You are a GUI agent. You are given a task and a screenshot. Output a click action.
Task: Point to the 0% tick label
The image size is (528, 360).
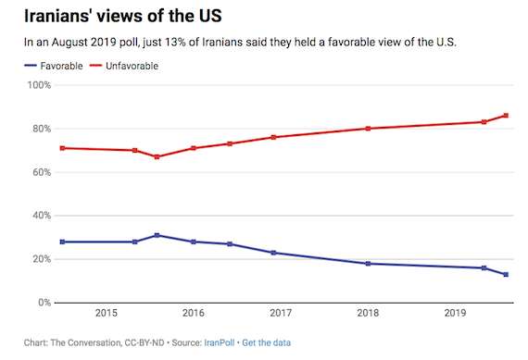[42, 303]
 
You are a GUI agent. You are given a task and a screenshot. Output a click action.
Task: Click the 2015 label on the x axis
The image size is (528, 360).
[106, 314]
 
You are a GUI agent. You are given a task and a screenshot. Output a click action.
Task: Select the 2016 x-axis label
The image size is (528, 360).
[194, 314]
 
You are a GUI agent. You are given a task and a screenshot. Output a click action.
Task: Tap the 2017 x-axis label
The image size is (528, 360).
[281, 314]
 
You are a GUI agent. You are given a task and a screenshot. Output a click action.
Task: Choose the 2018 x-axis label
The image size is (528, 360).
[369, 314]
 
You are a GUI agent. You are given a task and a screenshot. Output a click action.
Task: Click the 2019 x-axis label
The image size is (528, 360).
[456, 314]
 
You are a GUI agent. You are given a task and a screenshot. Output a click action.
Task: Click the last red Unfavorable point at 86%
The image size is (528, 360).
[506, 116]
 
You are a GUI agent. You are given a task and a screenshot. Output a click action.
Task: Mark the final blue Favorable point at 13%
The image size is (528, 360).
[506, 274]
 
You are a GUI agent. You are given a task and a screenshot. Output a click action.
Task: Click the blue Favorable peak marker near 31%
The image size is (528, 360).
[157, 235]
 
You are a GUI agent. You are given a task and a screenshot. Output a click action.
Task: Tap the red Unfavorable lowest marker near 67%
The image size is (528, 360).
[157, 156]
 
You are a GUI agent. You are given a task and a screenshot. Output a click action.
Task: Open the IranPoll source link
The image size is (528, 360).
[216, 343]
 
